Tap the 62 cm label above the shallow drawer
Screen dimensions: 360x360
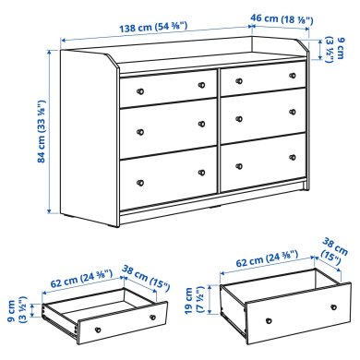click(x=80, y=274)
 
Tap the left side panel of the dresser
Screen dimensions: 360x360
click(x=88, y=138)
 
